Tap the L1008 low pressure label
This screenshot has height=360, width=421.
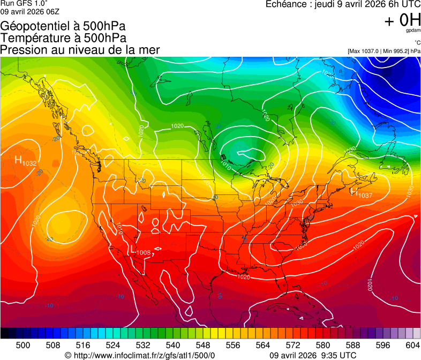[x=141, y=251]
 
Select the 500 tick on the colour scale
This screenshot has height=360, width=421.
[x=23, y=345]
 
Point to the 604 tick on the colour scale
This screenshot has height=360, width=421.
[x=413, y=345]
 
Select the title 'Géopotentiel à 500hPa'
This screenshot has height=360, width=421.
[x=64, y=26]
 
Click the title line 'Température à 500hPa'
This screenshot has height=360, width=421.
[x=63, y=38]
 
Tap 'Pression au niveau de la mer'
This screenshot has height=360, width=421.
[x=80, y=50]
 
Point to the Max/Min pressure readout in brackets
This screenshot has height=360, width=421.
[x=384, y=51]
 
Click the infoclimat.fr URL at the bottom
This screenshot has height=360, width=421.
[x=140, y=355]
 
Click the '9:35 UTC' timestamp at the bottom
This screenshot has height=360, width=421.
[x=340, y=355]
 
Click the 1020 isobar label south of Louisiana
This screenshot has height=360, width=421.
[x=244, y=277]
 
